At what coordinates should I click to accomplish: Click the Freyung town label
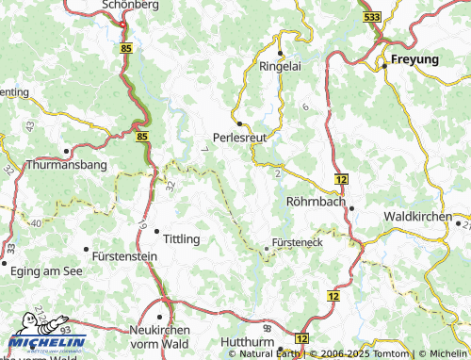pos(414,59)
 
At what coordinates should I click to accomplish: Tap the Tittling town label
pos(182,238)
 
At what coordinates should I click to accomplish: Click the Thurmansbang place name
pos(68,164)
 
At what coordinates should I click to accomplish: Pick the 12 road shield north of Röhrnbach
pos(341,178)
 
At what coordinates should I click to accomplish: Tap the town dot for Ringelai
pos(281,53)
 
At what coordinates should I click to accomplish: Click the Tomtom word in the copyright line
pos(393,353)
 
